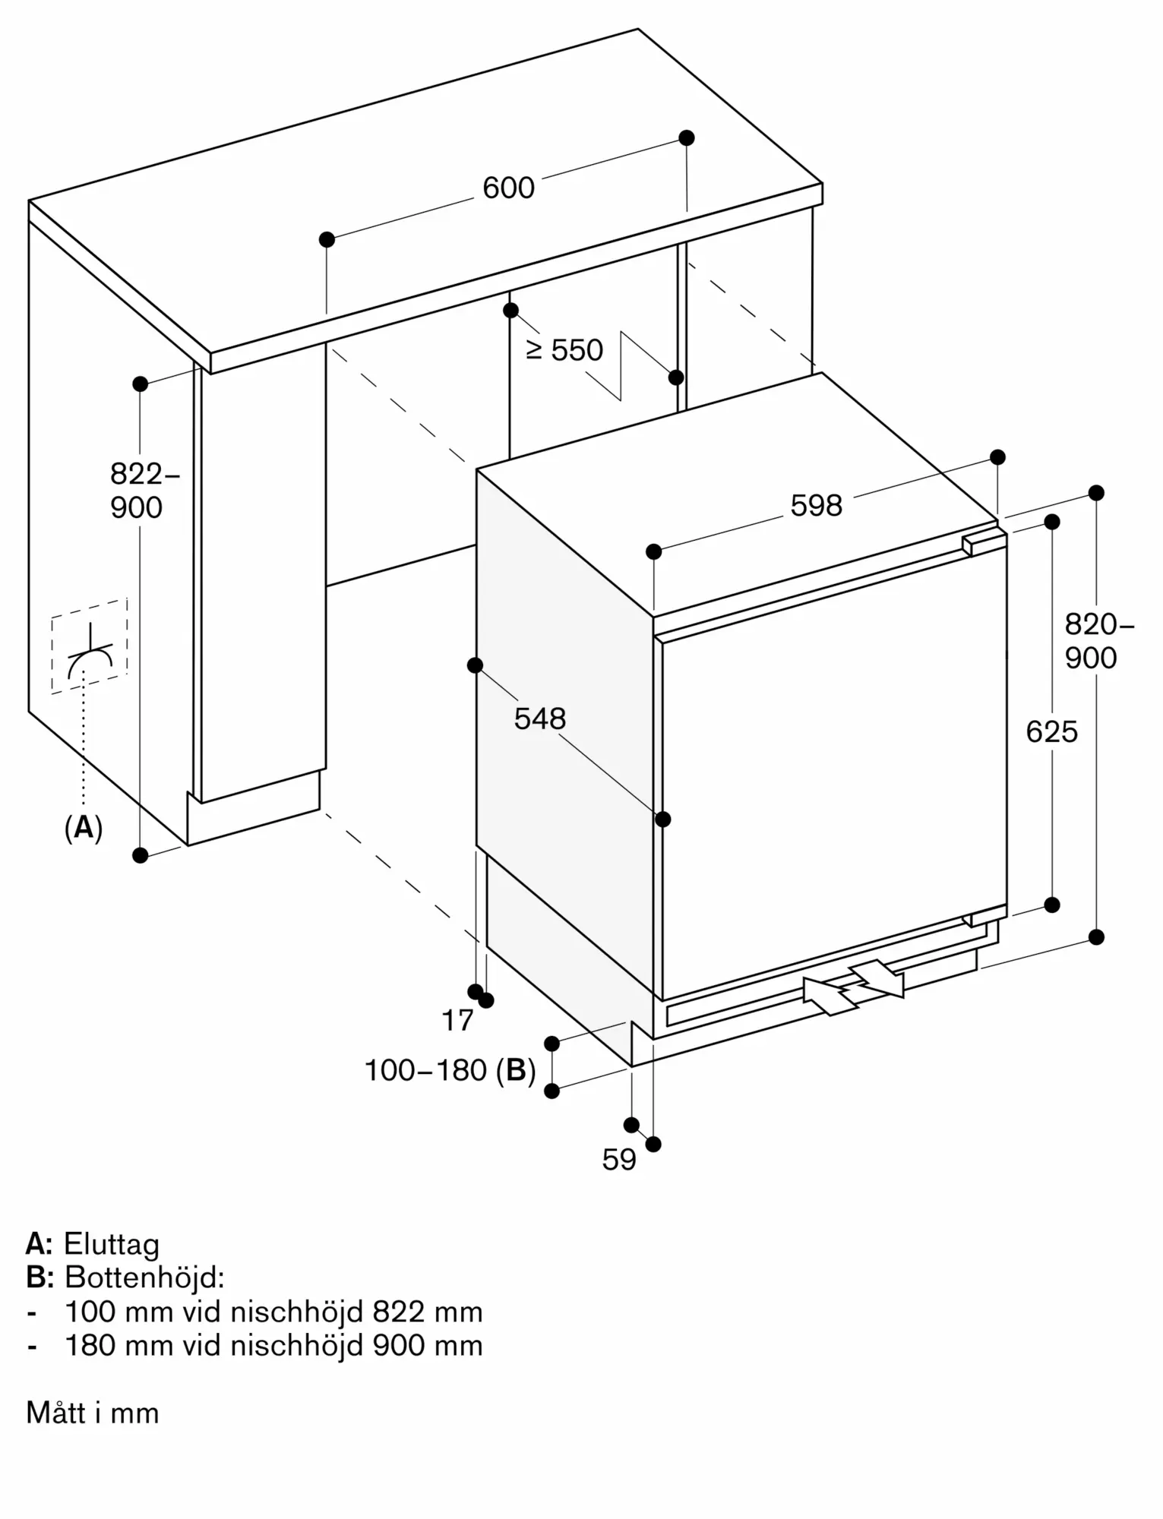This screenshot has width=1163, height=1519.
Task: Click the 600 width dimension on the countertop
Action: [x=508, y=188]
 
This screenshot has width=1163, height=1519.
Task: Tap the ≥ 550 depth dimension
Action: [x=564, y=350]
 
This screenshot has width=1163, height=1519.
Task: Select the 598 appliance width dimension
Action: [x=817, y=506]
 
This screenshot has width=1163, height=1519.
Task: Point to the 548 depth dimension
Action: [x=540, y=718]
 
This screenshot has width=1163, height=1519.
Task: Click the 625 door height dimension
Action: [x=1052, y=732]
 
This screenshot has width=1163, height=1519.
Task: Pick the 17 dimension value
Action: [x=457, y=1021]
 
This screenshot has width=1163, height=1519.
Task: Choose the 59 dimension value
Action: [x=619, y=1159]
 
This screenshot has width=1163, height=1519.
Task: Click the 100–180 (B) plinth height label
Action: [x=450, y=1070]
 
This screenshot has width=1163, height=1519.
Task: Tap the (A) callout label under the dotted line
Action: [x=84, y=827]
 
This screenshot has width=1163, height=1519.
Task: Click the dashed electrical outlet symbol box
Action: [x=90, y=646]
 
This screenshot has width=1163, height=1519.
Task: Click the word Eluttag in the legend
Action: [x=112, y=1244]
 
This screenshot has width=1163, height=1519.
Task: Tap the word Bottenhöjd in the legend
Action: [x=144, y=1277]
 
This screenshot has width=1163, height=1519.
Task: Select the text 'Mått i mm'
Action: [x=93, y=1413]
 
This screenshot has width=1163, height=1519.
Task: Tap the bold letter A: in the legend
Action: [x=40, y=1244]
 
